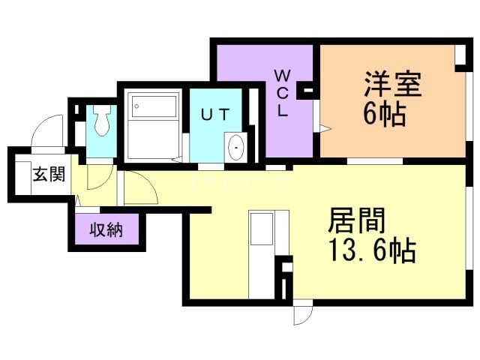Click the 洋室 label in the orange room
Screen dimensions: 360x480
[x=393, y=84]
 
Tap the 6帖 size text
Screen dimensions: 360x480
[x=385, y=115]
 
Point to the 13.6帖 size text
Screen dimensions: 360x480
[x=370, y=252]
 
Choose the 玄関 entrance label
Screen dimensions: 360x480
[x=47, y=175]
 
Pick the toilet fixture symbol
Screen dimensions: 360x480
[x=103, y=120]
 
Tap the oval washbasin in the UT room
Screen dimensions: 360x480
[x=235, y=147]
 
